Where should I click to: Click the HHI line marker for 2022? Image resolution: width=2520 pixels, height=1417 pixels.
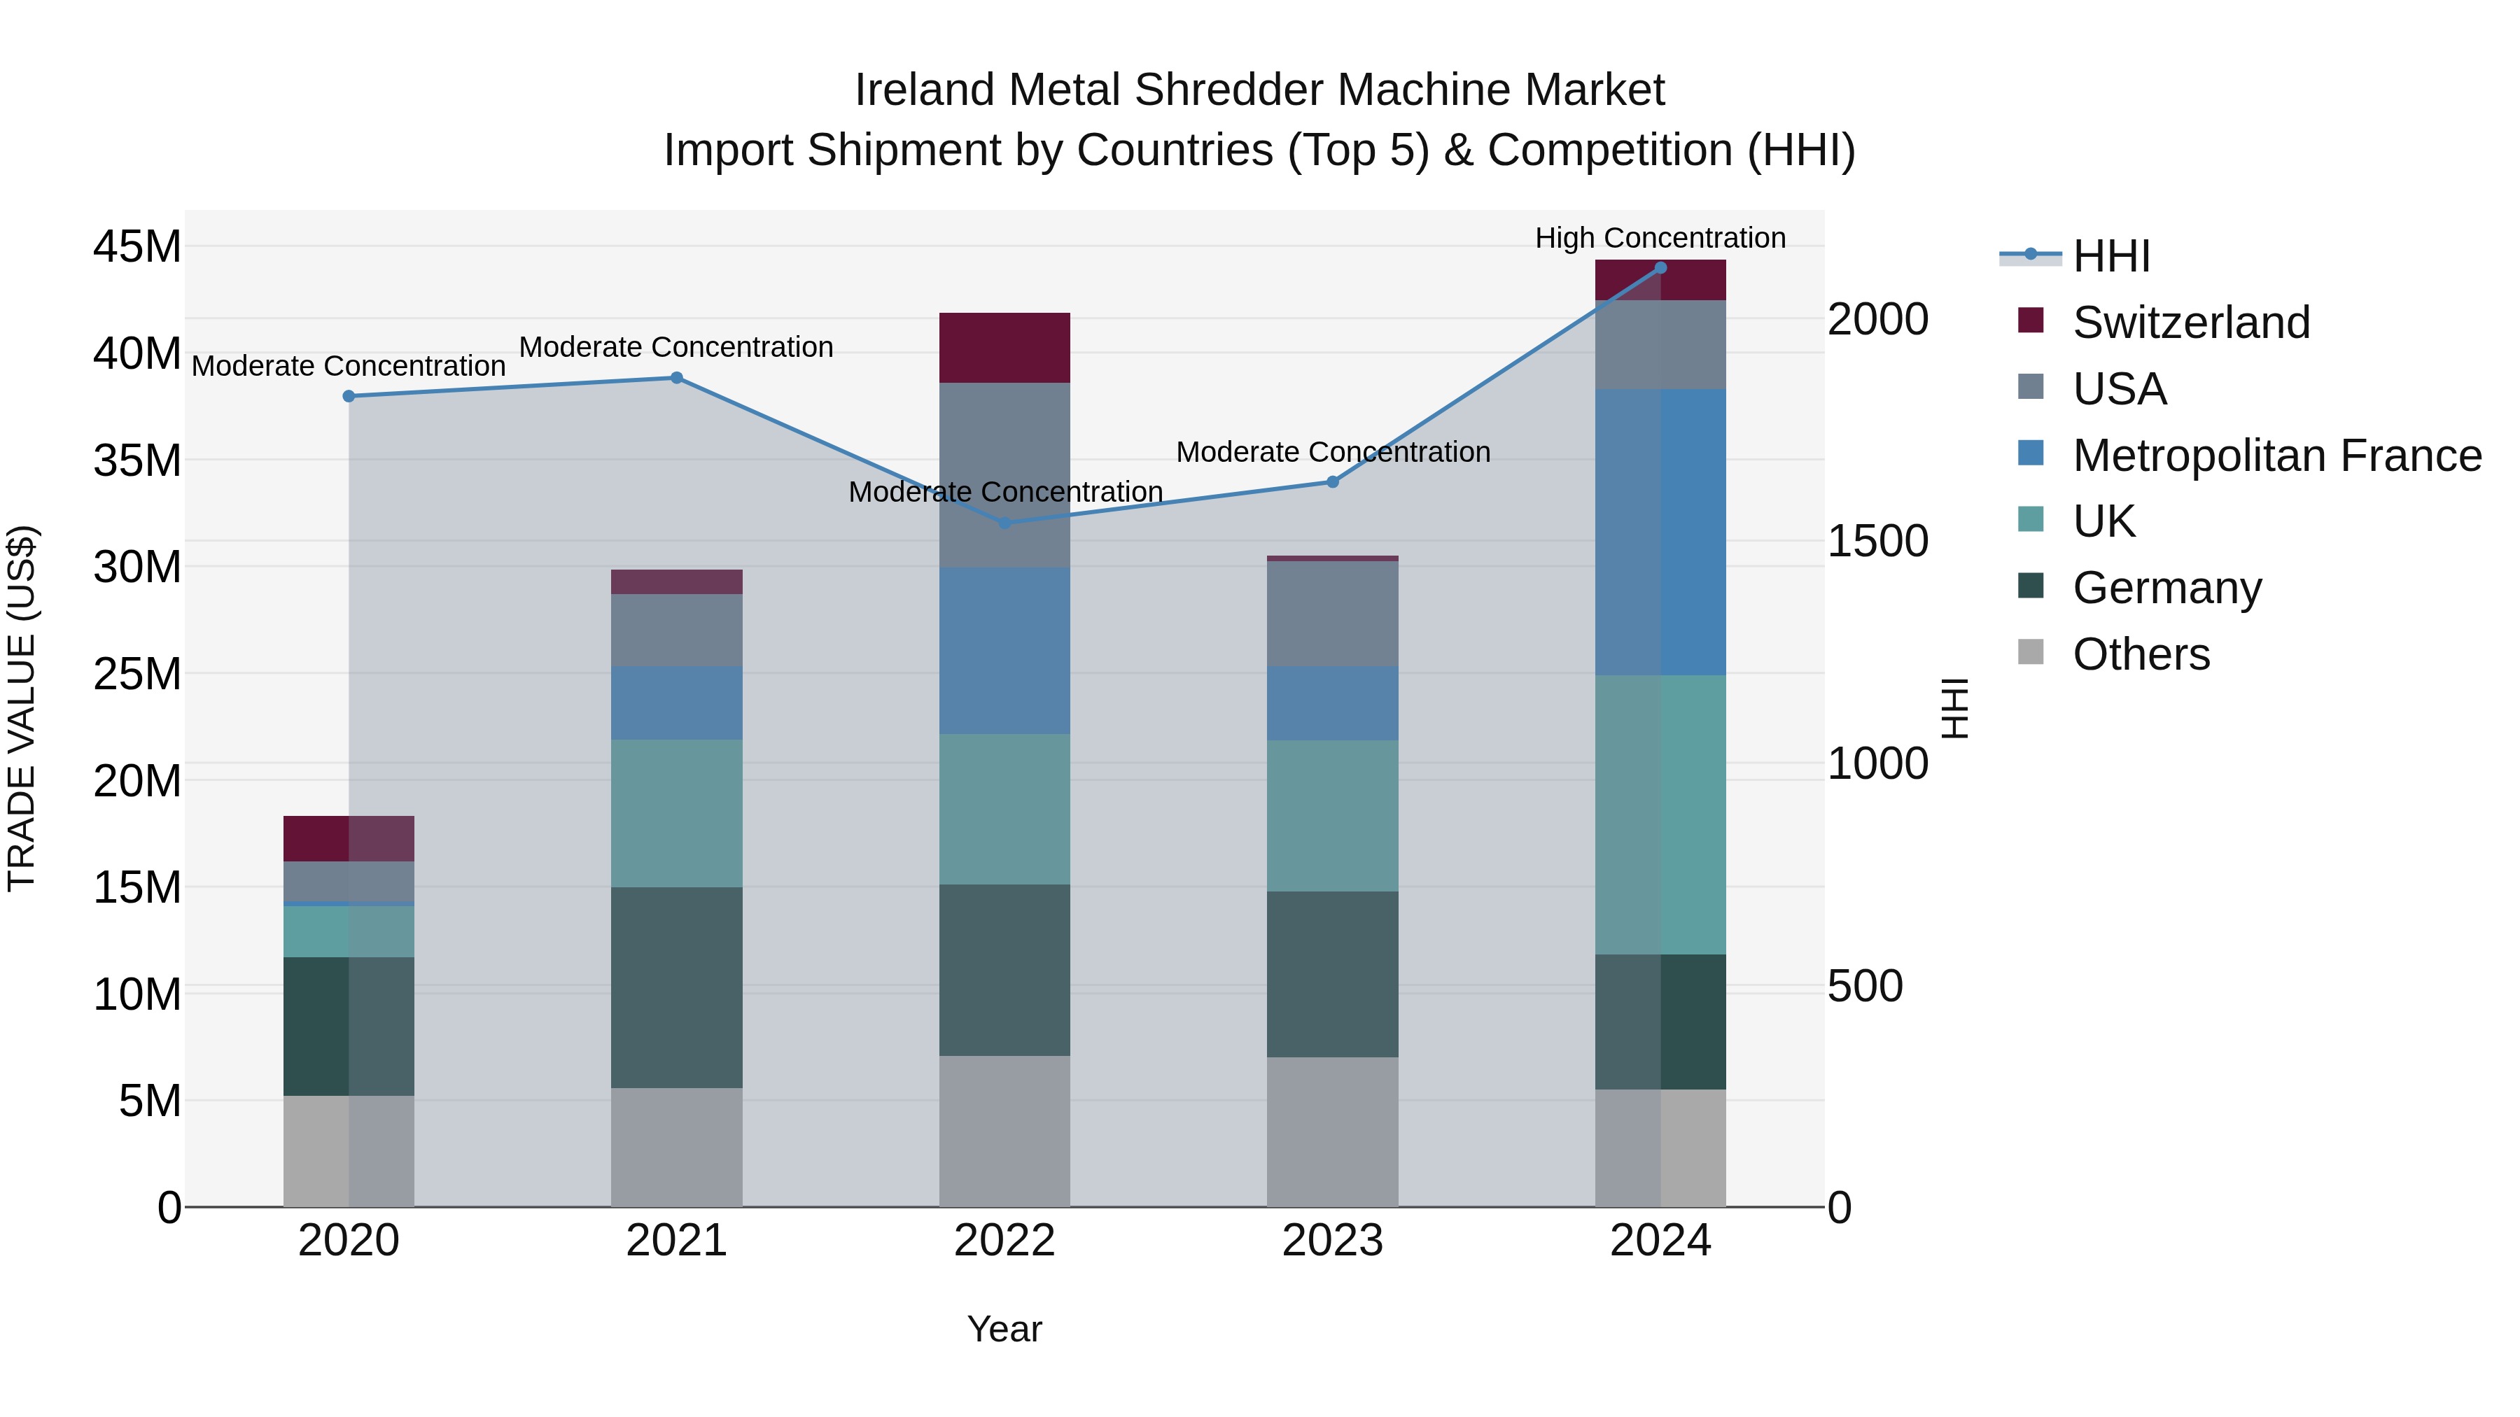coord(1004,523)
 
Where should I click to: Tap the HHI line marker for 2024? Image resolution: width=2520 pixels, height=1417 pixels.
coord(1660,268)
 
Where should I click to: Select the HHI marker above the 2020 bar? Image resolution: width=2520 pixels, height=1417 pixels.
coord(349,396)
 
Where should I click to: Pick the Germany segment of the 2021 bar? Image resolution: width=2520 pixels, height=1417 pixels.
coord(677,987)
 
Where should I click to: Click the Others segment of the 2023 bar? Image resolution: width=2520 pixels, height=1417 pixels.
coord(1332,1132)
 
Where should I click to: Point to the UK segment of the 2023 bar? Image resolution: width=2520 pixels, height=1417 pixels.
coord(1332,816)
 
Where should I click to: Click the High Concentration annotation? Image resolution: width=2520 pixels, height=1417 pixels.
coord(1660,239)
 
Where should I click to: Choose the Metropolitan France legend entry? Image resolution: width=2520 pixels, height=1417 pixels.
coord(2276,456)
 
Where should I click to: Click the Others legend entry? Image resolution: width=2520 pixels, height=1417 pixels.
coord(2141,654)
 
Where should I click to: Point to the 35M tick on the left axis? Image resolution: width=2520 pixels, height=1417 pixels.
coord(137,460)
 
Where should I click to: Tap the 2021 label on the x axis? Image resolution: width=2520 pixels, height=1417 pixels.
coord(677,1241)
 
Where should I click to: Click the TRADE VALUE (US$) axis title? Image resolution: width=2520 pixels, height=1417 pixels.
coord(22,708)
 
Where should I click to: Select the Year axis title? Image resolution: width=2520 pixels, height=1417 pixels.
coord(1004,1329)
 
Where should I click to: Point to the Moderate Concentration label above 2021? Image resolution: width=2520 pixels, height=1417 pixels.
coord(676,347)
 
